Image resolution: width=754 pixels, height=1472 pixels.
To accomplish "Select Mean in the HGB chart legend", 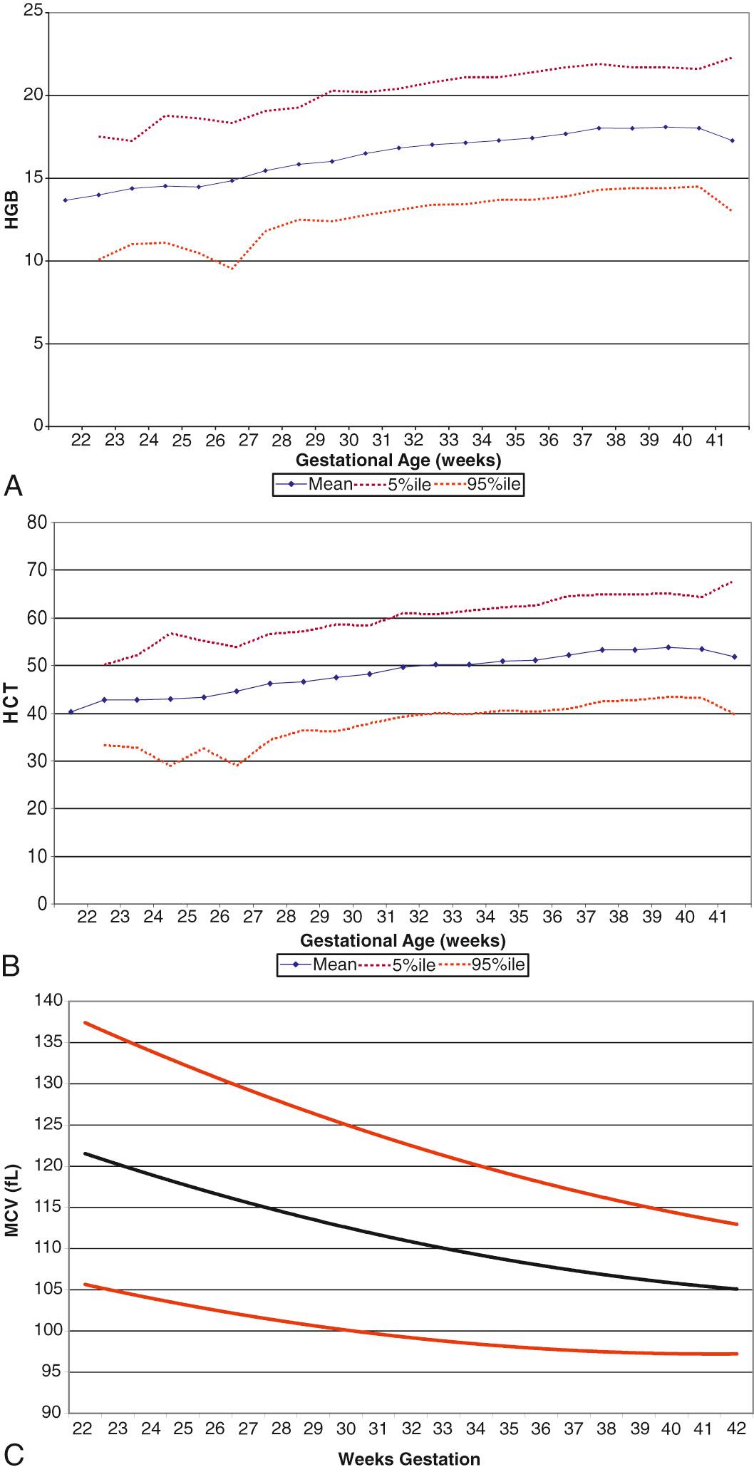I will click(x=329, y=485).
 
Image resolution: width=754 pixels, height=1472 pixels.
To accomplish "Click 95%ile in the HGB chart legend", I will click(x=494, y=485).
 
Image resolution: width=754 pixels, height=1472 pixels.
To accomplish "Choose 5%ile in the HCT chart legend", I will click(x=413, y=965).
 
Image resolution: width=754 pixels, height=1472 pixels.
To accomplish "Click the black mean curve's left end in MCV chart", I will click(x=85, y=1153).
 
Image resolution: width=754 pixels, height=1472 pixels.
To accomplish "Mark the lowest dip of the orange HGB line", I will click(x=232, y=268).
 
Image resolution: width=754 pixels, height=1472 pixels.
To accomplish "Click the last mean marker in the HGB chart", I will click(x=732, y=140).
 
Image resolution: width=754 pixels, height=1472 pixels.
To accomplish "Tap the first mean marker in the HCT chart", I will click(x=71, y=711).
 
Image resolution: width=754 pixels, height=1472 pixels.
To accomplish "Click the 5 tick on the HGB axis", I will click(x=39, y=344).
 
